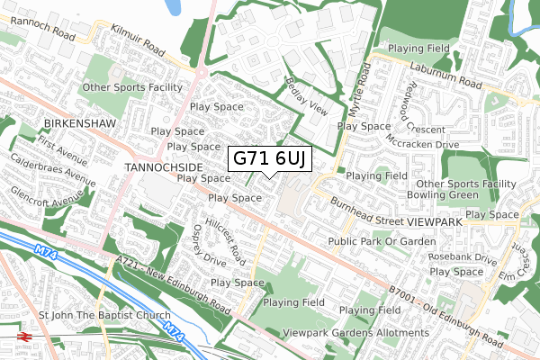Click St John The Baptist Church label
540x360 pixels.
coord(104,316)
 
